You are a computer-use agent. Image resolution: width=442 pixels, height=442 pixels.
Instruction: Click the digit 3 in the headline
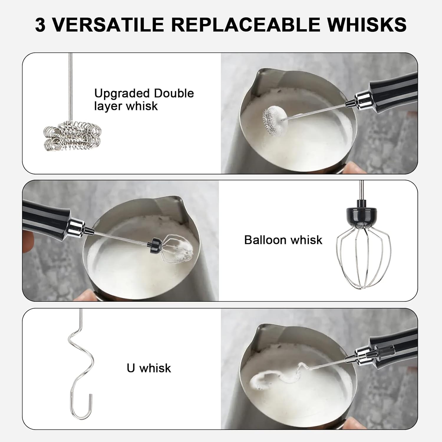point(40,24)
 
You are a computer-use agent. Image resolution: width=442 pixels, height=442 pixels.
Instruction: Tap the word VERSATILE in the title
point(108,24)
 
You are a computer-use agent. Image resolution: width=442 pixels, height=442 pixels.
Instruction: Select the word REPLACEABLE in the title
point(245,24)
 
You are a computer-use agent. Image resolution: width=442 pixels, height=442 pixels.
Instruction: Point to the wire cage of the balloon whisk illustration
point(363,252)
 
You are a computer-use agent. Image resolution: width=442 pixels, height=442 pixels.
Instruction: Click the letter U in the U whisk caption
point(131,368)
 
